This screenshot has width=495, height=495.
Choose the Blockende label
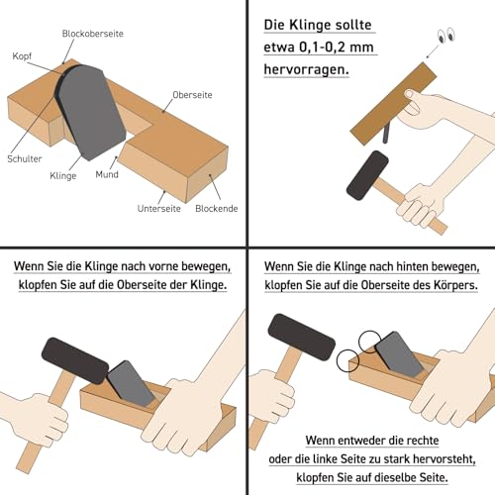215,210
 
